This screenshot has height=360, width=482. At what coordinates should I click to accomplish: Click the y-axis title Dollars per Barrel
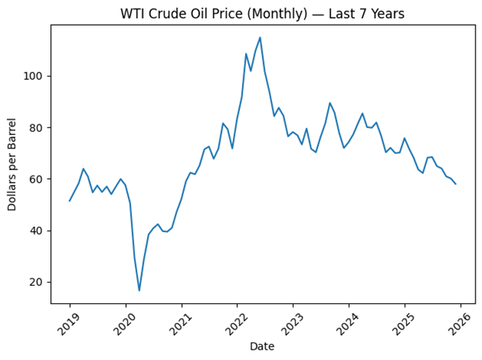pos(13,164)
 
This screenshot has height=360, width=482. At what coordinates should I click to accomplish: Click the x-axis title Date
pos(263,346)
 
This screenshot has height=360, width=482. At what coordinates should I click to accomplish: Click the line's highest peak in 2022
pos(260,38)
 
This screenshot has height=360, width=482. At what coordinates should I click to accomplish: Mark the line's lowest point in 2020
pos(140,291)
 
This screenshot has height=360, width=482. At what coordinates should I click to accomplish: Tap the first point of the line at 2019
pos(69,200)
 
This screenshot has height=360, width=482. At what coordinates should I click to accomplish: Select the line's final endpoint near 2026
pos(456,184)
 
